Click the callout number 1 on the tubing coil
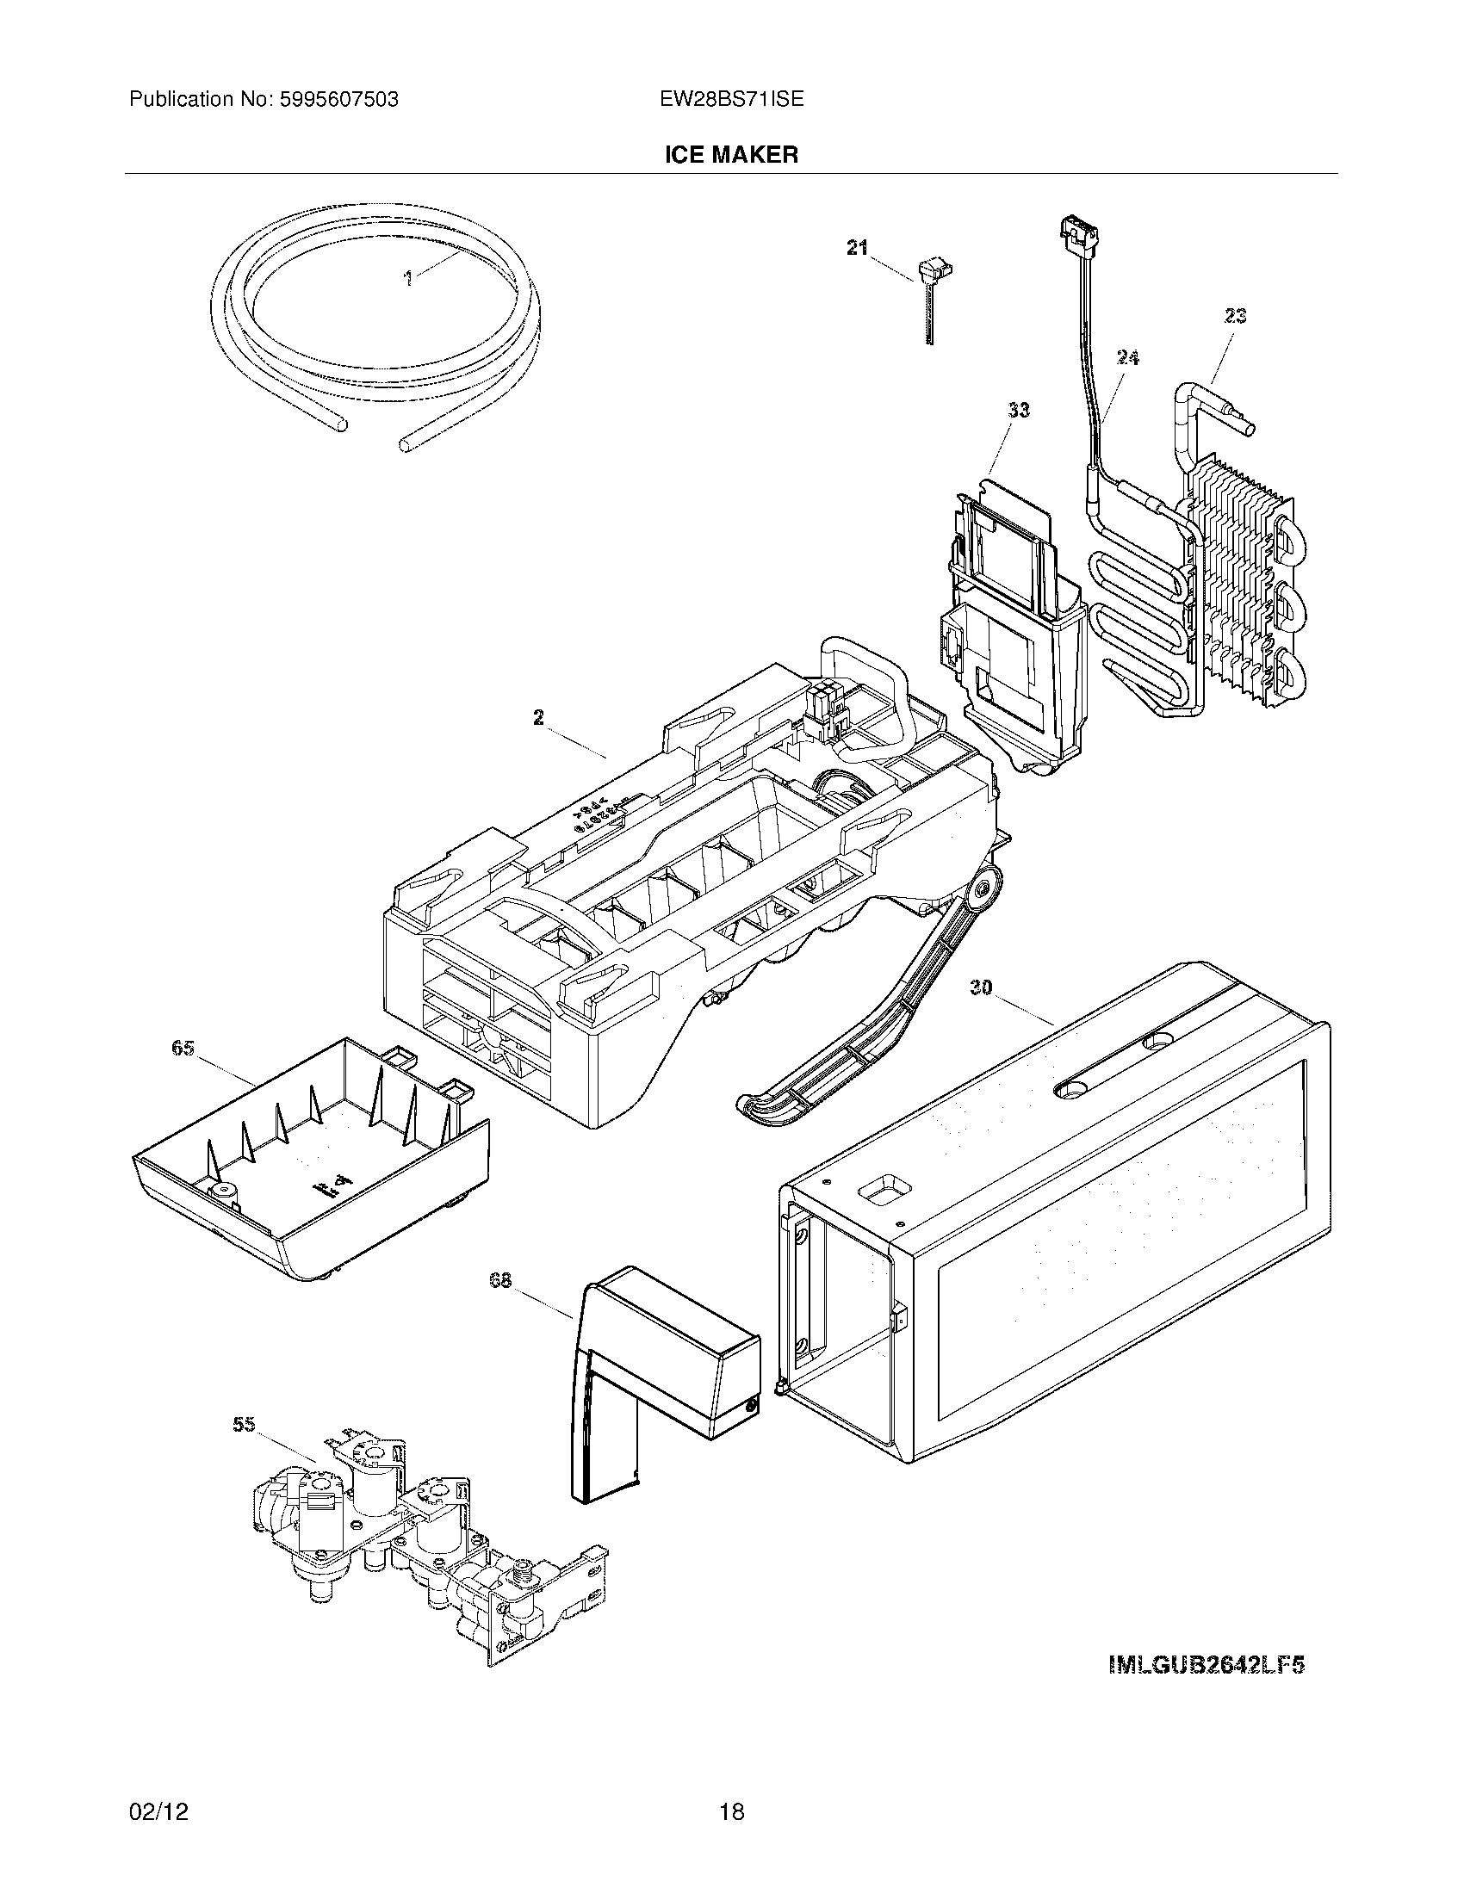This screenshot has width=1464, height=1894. tap(406, 278)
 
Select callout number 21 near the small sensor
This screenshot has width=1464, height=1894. tap(857, 248)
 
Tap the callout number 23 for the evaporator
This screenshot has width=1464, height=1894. tap(1235, 317)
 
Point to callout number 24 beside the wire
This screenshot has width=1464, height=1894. tap(1127, 357)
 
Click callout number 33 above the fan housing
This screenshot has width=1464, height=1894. tap(1018, 409)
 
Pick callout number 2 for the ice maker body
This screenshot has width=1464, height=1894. tap(538, 717)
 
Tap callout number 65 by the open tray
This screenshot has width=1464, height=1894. tap(182, 1049)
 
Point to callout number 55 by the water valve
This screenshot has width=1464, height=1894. tap(245, 1424)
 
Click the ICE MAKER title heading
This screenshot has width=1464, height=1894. tap(731, 155)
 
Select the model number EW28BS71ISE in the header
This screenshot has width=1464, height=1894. tap(731, 99)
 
